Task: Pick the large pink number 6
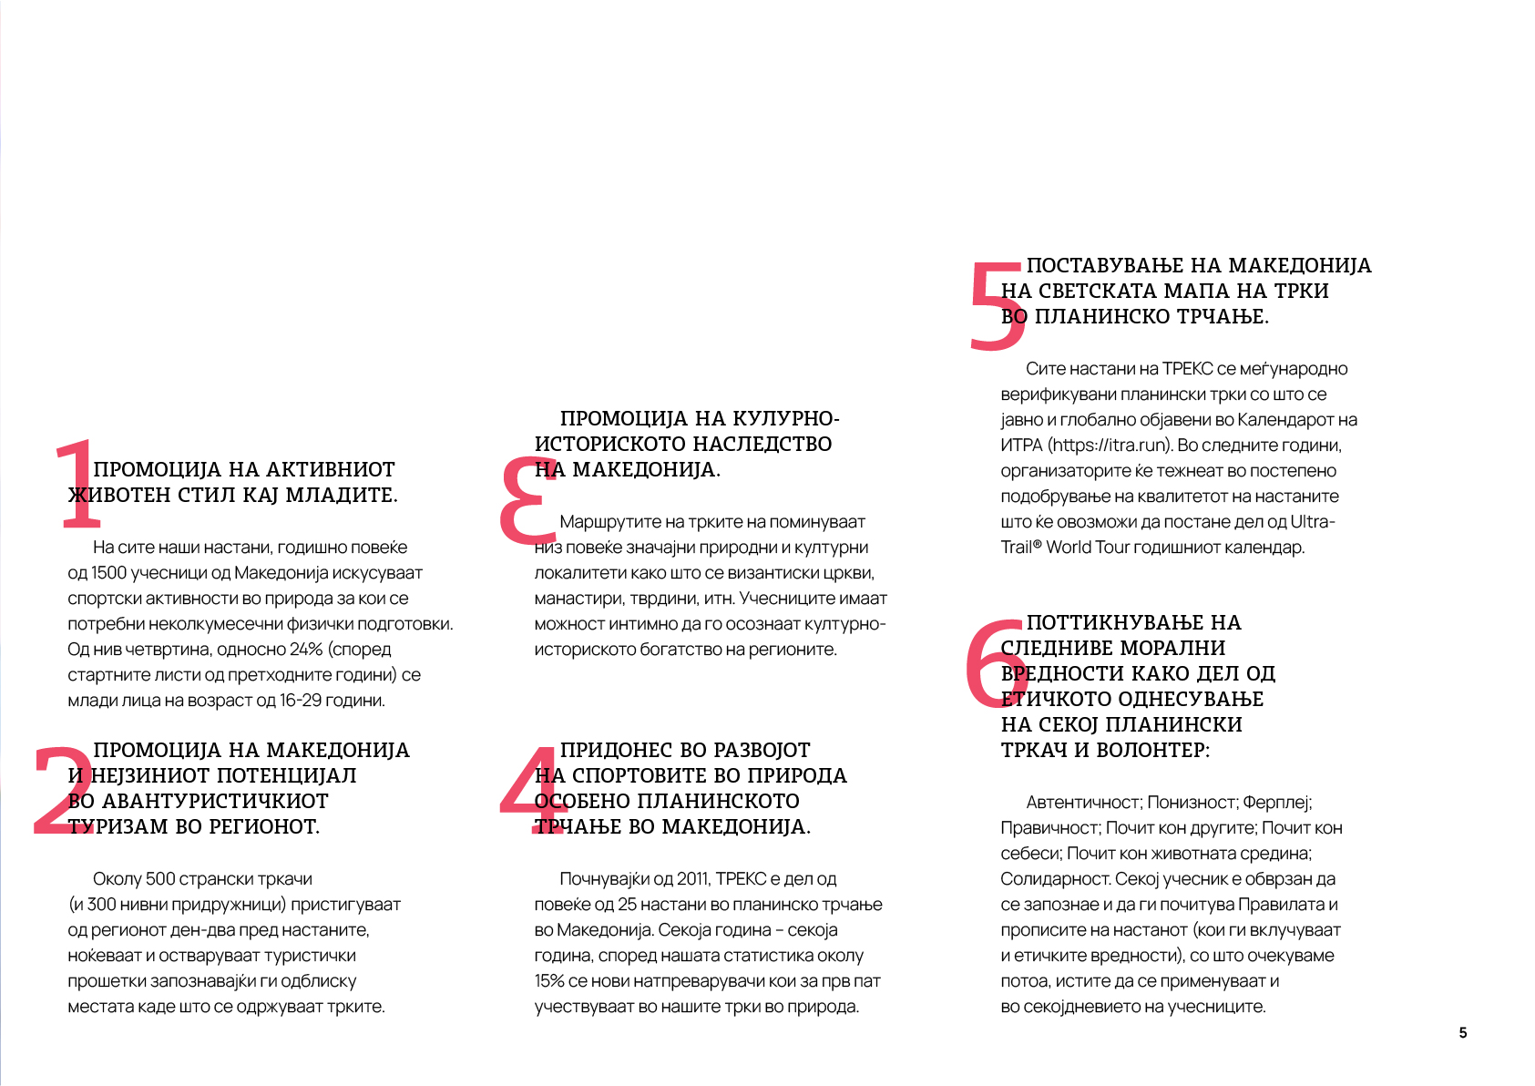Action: pos(995,663)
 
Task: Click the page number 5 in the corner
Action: pos(1463,1032)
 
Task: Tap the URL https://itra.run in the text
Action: pos(1110,446)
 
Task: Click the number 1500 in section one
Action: pos(108,573)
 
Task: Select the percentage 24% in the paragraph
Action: pos(306,650)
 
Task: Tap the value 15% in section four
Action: pos(549,981)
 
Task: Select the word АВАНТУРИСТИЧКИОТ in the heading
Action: pos(215,802)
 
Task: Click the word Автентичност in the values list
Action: pos(1083,803)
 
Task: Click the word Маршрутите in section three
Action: pos(605,522)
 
